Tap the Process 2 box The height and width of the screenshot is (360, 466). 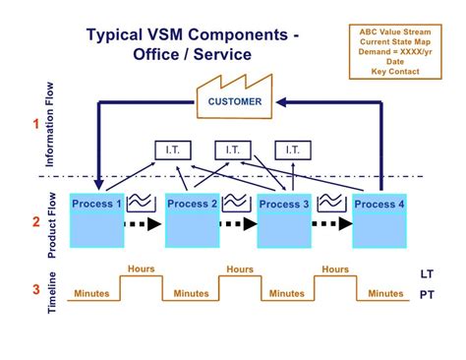tap(193, 221)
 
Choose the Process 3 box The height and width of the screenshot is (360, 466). tap(284, 221)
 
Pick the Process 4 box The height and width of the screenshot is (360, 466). tap(379, 221)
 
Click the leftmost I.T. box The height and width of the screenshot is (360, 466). tap(173, 150)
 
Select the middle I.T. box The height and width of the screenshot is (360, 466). tap(232, 150)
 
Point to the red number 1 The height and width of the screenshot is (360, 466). tap(37, 125)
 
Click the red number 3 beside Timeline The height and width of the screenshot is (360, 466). tap(37, 289)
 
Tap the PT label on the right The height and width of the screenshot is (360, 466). tap(425, 292)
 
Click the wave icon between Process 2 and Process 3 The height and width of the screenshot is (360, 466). tap(236, 202)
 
